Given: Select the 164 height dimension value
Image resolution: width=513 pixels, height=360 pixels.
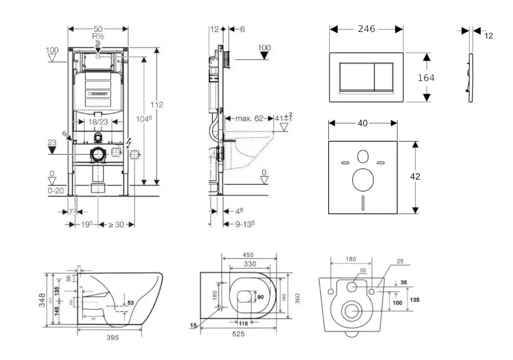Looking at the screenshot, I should tap(425, 78).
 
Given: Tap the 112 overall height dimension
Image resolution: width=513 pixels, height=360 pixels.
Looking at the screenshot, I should tap(157, 105).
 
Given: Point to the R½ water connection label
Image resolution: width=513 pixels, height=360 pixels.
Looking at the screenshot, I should tap(98, 36).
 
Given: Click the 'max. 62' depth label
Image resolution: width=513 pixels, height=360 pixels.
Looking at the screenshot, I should tap(249, 119).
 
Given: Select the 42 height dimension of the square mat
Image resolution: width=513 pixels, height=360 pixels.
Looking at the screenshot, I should tap(415, 177).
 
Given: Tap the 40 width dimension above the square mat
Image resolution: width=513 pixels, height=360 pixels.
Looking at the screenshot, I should tap(363, 122).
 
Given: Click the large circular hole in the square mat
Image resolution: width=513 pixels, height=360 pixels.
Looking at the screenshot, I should tap(363, 179).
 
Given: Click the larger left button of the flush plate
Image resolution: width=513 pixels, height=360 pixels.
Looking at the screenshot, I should tap(357, 77).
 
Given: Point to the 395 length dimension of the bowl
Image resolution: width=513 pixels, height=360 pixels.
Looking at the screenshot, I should tap(113, 338).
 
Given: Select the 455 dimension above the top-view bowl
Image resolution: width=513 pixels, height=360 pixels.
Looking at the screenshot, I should tap(248, 255).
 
